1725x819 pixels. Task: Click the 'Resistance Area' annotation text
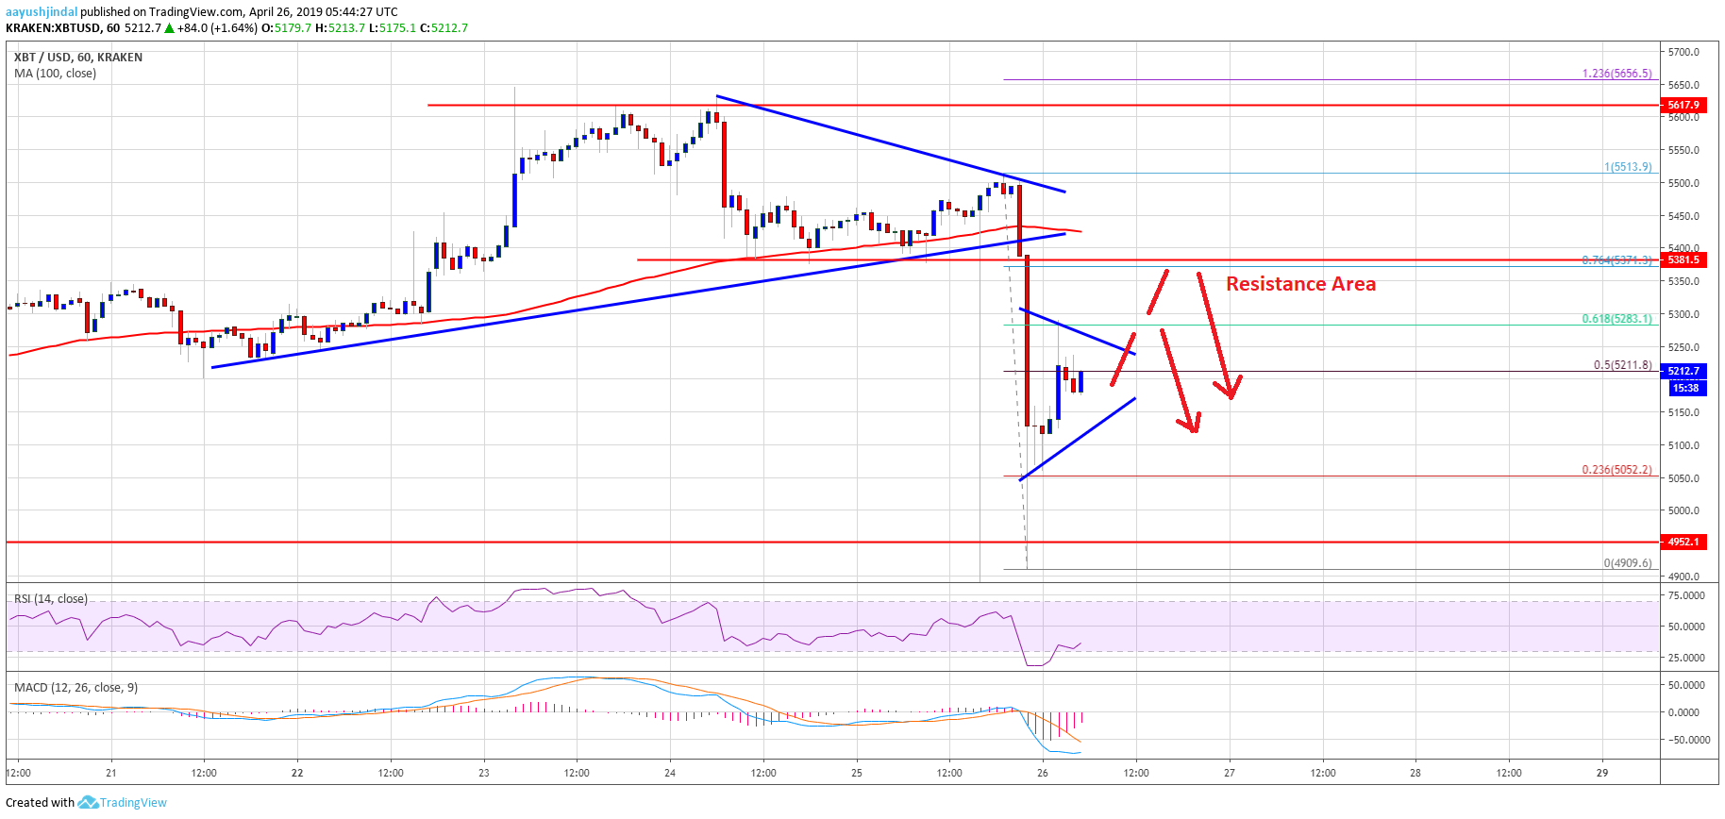pyautogui.click(x=1299, y=284)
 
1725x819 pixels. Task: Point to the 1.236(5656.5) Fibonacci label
pyautogui.click(x=1616, y=73)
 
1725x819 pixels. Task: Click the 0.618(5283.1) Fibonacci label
pyautogui.click(x=1616, y=318)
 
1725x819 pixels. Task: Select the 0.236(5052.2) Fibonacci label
pyautogui.click(x=1616, y=469)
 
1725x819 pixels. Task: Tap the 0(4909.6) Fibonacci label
pyautogui.click(x=1627, y=562)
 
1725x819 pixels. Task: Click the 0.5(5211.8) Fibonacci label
pyautogui.click(x=1622, y=364)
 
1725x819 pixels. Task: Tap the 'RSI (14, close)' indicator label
pyautogui.click(x=51, y=598)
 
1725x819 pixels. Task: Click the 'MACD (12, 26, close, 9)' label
pyautogui.click(x=75, y=687)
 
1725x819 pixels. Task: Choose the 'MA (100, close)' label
pyautogui.click(x=55, y=73)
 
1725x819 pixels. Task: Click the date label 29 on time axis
pyautogui.click(x=1601, y=773)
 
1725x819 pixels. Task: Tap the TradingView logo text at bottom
pyautogui.click(x=133, y=802)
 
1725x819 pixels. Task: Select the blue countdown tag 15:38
pyautogui.click(x=1684, y=388)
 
